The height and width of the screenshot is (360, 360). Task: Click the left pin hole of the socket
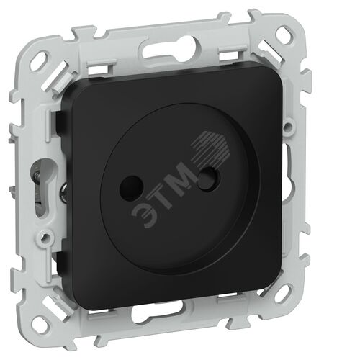(x=131, y=188)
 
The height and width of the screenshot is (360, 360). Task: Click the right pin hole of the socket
(x=208, y=179)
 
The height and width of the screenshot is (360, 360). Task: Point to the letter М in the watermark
(x=184, y=177)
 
